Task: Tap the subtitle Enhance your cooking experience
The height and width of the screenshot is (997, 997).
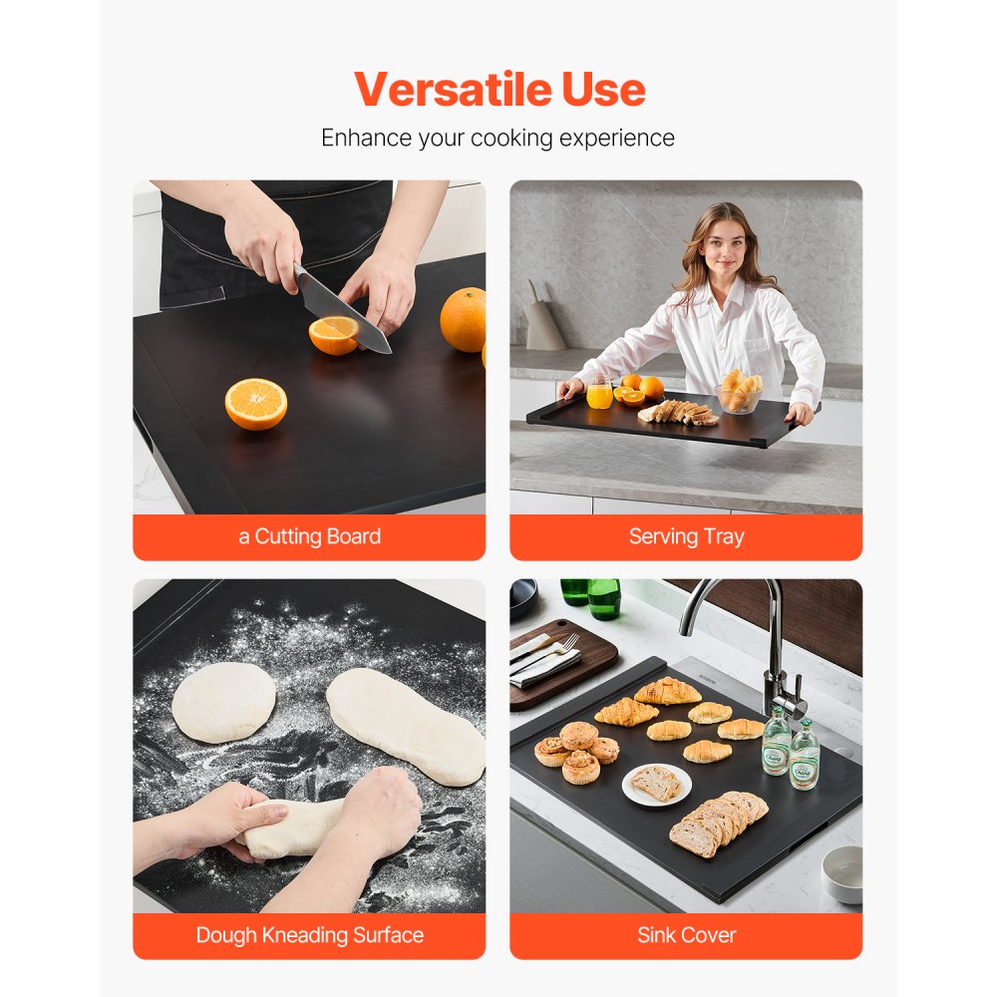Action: [x=498, y=138]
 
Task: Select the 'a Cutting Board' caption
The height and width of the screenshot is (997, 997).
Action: [x=309, y=536]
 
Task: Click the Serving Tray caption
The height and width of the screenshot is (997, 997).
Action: [x=686, y=536]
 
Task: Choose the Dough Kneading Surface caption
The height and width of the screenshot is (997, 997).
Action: [x=309, y=935]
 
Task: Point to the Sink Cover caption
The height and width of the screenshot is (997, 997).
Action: [x=686, y=935]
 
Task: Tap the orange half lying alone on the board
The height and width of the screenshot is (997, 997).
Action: [x=256, y=404]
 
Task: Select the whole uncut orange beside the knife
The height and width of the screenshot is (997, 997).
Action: [x=464, y=319]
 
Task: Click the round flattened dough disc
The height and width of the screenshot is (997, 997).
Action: [x=223, y=702]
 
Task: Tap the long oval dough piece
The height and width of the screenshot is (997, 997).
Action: [x=404, y=723]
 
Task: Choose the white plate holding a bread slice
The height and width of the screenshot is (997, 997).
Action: [x=657, y=785]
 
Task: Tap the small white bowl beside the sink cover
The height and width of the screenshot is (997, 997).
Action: [x=841, y=873]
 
